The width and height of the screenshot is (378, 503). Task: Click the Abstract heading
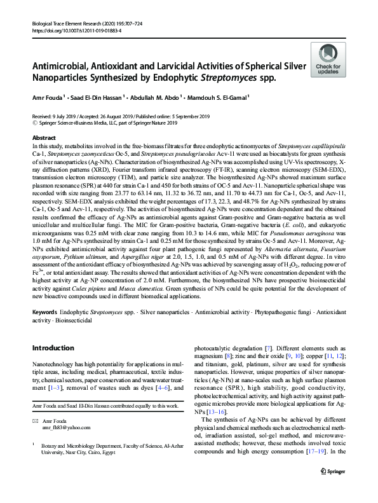point(44,137)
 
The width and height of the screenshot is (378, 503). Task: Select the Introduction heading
point(53,348)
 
